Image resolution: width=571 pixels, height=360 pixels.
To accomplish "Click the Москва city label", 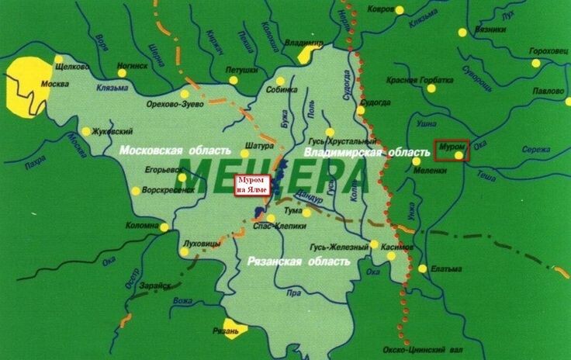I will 55,84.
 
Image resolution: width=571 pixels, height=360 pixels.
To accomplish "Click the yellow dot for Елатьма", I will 422,270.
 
